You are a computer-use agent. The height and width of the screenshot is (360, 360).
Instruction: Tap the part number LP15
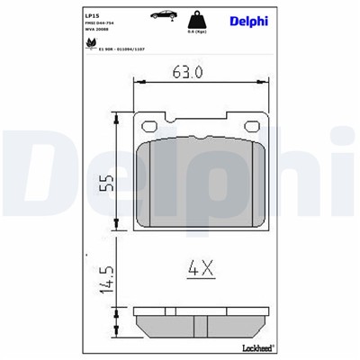[92, 15]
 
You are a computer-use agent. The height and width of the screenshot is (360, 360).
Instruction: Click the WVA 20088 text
[98, 30]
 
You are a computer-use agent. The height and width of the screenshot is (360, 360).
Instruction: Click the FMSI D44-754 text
[102, 23]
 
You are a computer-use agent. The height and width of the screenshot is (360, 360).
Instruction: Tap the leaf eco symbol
[91, 41]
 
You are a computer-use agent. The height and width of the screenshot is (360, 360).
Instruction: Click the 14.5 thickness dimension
[107, 278]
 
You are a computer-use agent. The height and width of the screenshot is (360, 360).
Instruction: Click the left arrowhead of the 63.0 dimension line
[138, 83]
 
